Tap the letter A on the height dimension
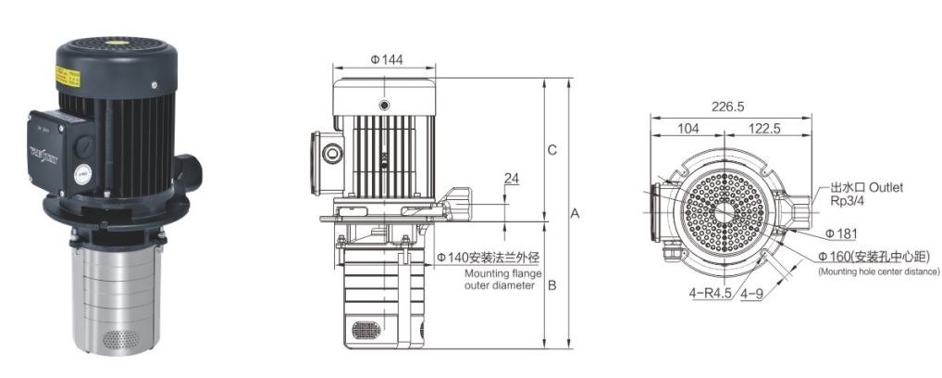575,213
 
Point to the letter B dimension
552,285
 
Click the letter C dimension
552,150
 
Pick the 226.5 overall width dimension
728,107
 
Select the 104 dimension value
688,130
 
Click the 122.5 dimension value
765,130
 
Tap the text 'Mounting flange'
501,273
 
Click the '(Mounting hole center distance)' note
878,271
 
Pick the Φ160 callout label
836,257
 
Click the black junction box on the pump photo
63,148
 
